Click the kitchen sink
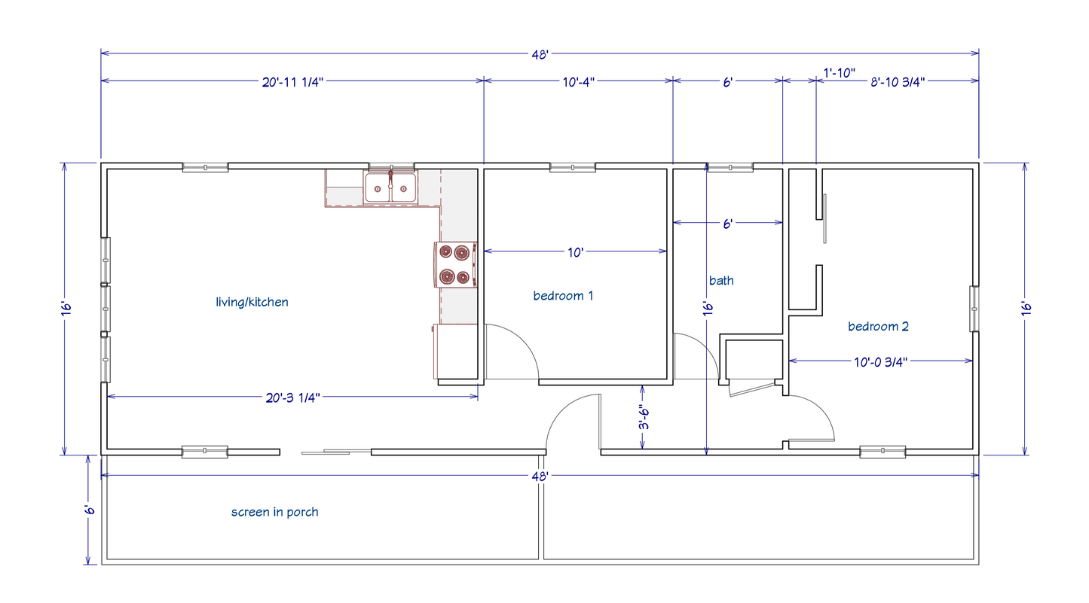click(390, 187)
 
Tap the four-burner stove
click(455, 264)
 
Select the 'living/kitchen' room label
click(252, 302)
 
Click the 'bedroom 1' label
click(563, 296)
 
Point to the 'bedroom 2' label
click(878, 326)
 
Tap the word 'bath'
click(721, 281)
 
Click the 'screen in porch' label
click(274, 512)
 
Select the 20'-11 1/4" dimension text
click(292, 82)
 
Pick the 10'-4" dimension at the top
click(579, 82)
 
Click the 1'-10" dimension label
click(839, 73)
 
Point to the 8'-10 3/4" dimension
click(898, 82)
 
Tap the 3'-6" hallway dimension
click(644, 418)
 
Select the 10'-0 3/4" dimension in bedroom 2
click(880, 362)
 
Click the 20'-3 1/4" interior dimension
click(292, 398)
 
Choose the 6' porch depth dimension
click(88, 510)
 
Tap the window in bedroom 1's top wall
click(573, 167)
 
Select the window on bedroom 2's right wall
click(974, 309)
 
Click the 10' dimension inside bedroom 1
click(576, 252)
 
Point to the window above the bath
click(730, 167)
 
